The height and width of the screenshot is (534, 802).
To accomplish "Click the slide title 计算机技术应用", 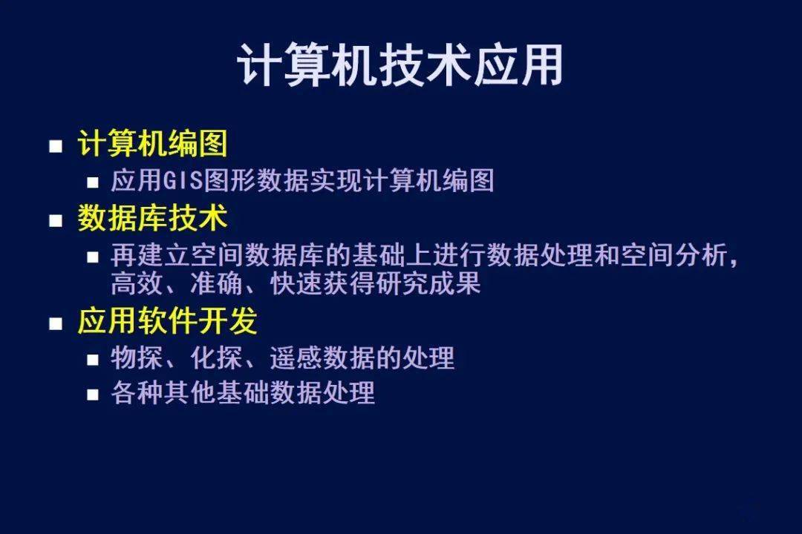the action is pyautogui.click(x=400, y=65).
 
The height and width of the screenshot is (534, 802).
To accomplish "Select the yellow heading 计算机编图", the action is pyautogui.click(x=152, y=143).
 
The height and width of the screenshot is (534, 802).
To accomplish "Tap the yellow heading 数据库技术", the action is pyautogui.click(x=152, y=218).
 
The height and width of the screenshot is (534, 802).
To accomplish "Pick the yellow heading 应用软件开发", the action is pyautogui.click(x=167, y=321).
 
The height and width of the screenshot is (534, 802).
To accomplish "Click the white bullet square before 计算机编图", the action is pyautogui.click(x=56, y=146).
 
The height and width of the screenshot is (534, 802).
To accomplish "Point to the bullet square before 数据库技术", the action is pyautogui.click(x=56, y=221).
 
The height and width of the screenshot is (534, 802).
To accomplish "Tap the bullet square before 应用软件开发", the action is pyautogui.click(x=56, y=323).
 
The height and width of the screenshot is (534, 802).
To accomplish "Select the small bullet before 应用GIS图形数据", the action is pyautogui.click(x=93, y=182).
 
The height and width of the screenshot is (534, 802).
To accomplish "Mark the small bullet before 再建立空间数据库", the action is pyautogui.click(x=93, y=257).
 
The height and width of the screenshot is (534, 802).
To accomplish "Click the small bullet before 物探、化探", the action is pyautogui.click(x=93, y=360).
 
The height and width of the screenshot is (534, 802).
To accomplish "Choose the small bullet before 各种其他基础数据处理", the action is pyautogui.click(x=93, y=395).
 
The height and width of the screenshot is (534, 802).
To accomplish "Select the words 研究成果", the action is pyautogui.click(x=428, y=283).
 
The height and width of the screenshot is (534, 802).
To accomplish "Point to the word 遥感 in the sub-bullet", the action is pyautogui.click(x=296, y=357).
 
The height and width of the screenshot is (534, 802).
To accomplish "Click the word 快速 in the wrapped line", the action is pyautogui.click(x=296, y=283).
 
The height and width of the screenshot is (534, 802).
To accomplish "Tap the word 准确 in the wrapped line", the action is pyautogui.click(x=216, y=283).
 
